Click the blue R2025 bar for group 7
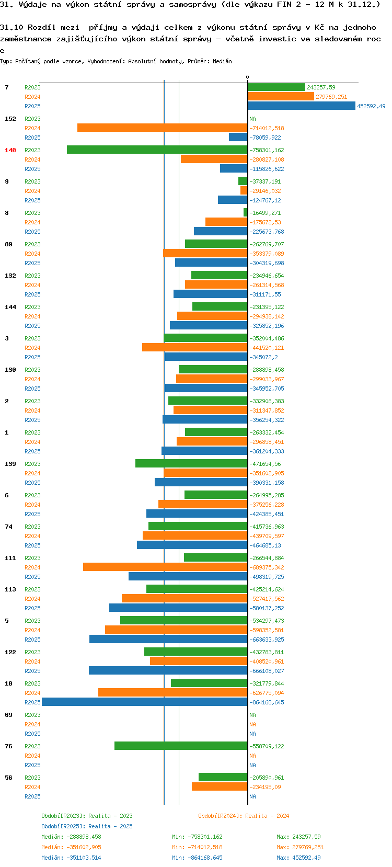[x=302, y=106]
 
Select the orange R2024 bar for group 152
[x=163, y=128]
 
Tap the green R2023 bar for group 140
[x=157, y=150]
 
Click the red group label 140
[x=10, y=150]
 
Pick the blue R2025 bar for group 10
[x=145, y=702]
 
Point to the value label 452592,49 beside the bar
[x=371, y=106]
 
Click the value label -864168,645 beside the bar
[x=267, y=702]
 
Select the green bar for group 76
[x=181, y=746]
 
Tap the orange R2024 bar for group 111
[x=165, y=567]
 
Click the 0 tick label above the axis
[x=248, y=77]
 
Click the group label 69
[x=8, y=715]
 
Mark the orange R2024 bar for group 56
[x=220, y=787]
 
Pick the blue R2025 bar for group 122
[x=168, y=671]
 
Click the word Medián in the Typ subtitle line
[x=222, y=61]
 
